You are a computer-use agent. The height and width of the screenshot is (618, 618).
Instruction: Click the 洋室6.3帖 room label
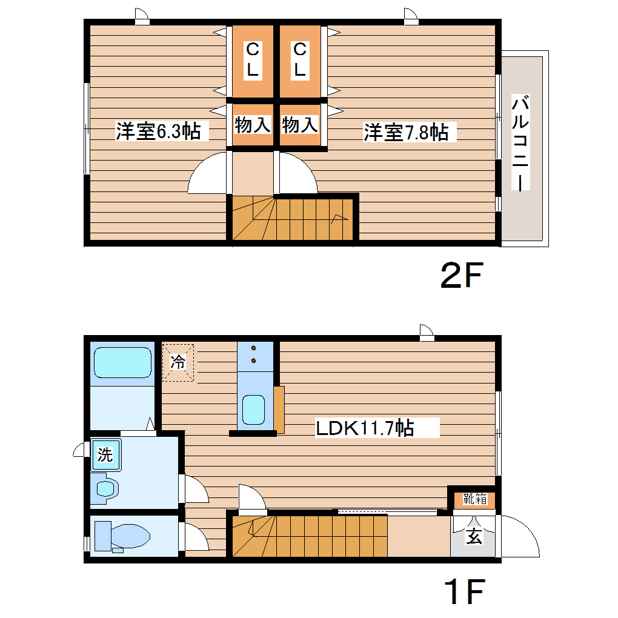click(x=158, y=131)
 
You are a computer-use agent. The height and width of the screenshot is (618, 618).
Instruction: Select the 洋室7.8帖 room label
click(x=406, y=132)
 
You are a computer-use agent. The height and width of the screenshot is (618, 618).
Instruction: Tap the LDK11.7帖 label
click(x=365, y=428)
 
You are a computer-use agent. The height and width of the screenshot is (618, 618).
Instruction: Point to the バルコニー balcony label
click(x=520, y=143)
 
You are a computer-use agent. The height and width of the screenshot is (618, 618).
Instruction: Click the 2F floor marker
click(x=460, y=276)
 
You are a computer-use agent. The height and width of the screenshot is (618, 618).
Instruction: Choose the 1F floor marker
click(x=465, y=593)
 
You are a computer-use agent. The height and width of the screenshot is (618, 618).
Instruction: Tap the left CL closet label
click(x=252, y=59)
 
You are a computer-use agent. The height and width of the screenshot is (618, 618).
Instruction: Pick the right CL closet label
click(x=300, y=59)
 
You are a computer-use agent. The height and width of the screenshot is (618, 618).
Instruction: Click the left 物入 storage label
click(x=252, y=125)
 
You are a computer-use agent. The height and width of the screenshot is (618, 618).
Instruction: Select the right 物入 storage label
click(x=300, y=125)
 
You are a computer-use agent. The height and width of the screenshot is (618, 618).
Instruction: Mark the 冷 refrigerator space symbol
click(x=178, y=363)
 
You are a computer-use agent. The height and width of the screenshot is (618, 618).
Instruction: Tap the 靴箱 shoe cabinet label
click(x=475, y=499)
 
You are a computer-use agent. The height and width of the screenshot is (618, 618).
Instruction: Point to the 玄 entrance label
click(x=474, y=536)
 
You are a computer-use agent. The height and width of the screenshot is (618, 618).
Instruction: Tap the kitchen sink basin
click(x=253, y=410)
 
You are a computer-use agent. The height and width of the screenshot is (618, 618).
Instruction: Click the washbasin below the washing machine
click(x=107, y=488)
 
